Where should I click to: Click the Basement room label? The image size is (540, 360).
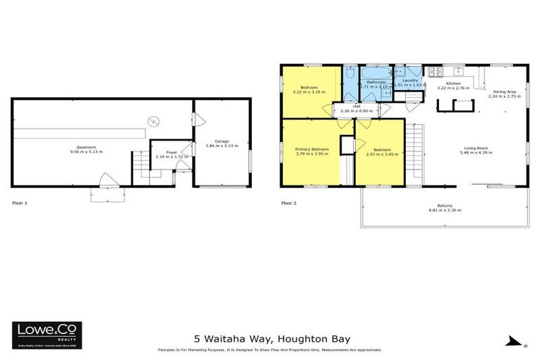(x=86, y=147)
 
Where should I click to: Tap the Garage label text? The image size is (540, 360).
(x=221, y=141)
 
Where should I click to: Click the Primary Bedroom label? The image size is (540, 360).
(x=311, y=149)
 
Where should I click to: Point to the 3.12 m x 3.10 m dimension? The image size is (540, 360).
(x=308, y=93)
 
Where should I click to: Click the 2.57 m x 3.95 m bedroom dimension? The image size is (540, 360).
(x=381, y=155)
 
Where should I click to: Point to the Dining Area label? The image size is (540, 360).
(x=505, y=91)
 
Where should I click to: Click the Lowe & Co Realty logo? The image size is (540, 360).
(x=47, y=335)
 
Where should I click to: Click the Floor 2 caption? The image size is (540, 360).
(x=289, y=203)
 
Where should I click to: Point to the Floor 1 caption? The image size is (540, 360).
(x=20, y=203)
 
